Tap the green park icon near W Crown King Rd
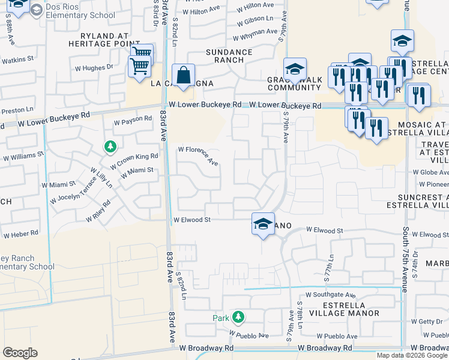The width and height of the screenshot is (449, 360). pyautogui.click(x=109, y=146)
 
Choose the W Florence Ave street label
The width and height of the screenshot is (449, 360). pyautogui.click(x=197, y=154)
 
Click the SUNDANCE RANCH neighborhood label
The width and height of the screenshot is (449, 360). pyautogui.click(x=229, y=56)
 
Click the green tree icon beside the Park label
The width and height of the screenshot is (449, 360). pyautogui.click(x=238, y=316)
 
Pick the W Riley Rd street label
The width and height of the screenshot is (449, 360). pyautogui.click(x=99, y=211)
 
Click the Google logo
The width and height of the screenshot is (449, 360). pyautogui.click(x=20, y=353)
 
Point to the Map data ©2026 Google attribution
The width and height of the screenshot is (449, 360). pyautogui.click(x=412, y=355)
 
